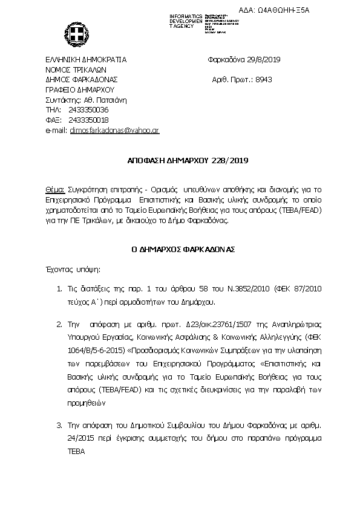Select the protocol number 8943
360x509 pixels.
[267, 79]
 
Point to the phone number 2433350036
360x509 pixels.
[89, 109]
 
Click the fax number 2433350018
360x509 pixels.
[89, 120]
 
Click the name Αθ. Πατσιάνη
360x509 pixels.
[92, 99]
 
